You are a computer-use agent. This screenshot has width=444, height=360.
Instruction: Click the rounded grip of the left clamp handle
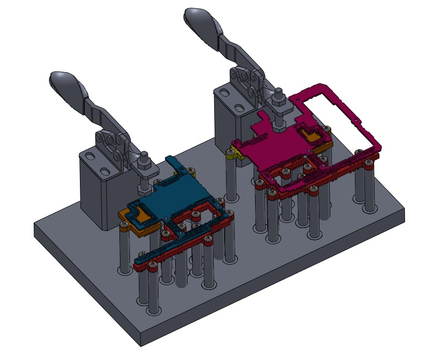[67, 82]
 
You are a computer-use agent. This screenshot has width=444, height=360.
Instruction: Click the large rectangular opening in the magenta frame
[343, 119]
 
